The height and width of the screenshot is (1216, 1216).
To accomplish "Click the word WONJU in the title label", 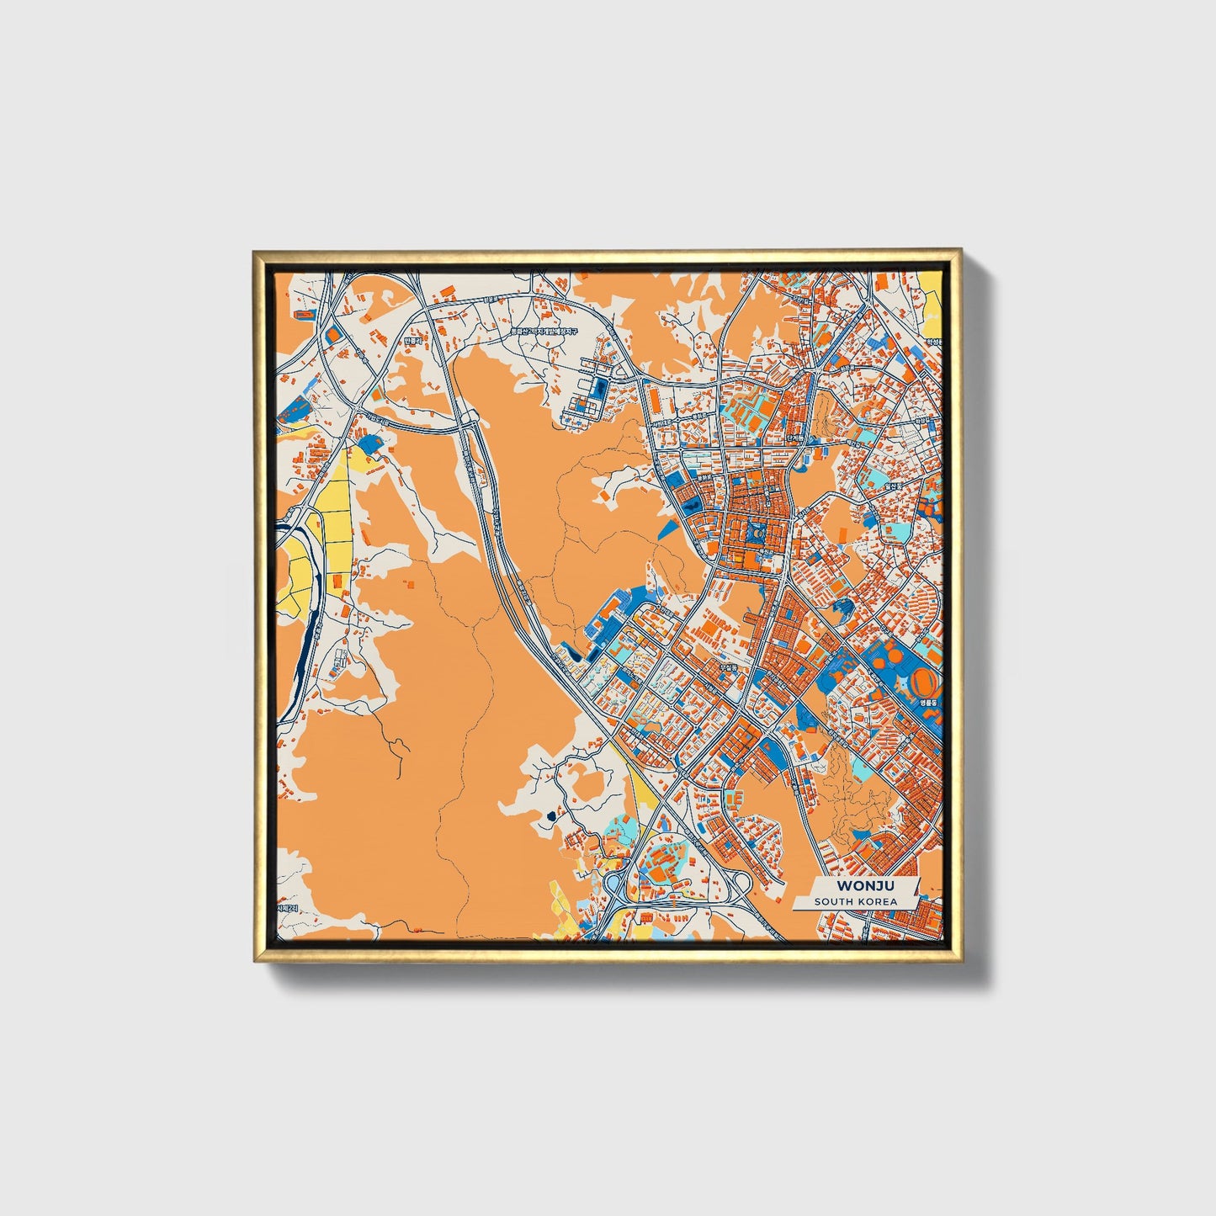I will (864, 886).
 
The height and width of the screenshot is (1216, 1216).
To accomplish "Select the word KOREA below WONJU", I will (878, 902).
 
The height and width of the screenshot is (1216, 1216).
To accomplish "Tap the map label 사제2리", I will (287, 909).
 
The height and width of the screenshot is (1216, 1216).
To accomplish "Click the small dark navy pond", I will (551, 815).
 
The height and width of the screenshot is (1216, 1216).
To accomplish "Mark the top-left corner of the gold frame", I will (254, 251).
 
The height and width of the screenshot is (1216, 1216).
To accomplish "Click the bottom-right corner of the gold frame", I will (960, 960).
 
